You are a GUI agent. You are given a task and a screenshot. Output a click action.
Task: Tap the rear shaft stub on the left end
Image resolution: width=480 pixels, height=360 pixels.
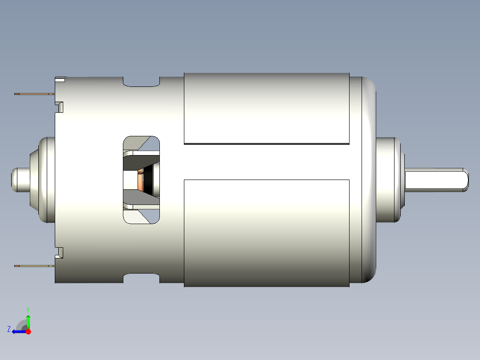tap(19, 180)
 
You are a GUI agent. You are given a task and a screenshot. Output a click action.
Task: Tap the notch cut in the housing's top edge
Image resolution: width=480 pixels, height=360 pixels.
tap(141, 82)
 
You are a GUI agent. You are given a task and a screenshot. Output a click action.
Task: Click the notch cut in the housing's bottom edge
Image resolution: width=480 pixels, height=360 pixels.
tap(141, 278)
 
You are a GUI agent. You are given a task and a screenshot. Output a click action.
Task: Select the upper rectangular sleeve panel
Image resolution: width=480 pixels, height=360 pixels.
tap(266, 108)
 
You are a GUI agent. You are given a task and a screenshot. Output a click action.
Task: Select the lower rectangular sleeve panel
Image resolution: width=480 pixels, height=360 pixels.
tap(266, 233)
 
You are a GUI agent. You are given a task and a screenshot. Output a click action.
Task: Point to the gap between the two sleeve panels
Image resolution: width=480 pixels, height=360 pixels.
tap(266, 162)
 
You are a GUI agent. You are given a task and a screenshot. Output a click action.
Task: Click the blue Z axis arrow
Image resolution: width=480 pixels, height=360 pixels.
tap(18, 331)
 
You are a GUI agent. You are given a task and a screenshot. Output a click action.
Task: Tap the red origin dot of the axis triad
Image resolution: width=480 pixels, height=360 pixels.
tap(28, 331)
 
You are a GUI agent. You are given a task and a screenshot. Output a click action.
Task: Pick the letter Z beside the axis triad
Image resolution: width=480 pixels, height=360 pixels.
tap(9, 329)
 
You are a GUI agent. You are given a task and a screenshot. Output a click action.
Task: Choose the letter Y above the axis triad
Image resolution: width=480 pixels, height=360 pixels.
tap(28, 309)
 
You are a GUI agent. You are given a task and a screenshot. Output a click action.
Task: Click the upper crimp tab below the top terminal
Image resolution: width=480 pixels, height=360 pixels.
tap(59, 107)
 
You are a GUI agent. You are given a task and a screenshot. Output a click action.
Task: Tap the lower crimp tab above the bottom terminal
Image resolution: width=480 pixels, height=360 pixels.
tap(59, 253)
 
